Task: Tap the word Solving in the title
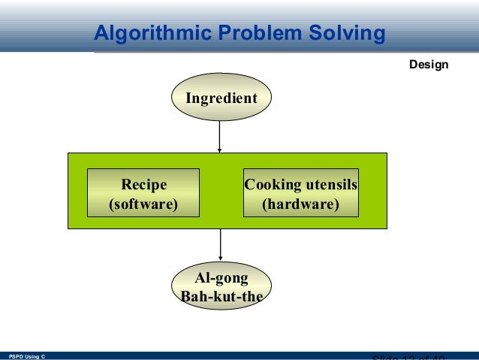[x=348, y=34]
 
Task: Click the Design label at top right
[x=429, y=65]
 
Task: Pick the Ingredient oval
[x=221, y=98]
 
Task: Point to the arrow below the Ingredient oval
[x=219, y=137]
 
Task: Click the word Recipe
[x=144, y=185]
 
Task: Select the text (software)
[x=144, y=204]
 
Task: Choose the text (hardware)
[x=300, y=204]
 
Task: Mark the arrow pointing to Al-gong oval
[x=221, y=245]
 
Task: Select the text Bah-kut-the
[x=221, y=295]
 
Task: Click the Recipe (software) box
[x=144, y=193]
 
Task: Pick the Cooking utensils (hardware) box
[x=300, y=193]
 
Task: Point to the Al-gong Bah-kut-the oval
[x=221, y=286]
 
